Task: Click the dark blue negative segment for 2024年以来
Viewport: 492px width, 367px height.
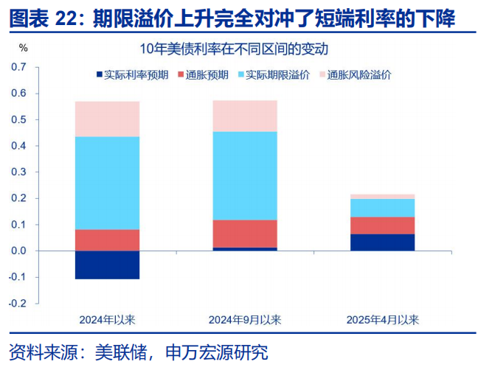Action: (107, 265)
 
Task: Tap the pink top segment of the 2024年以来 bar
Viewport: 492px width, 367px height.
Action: (107, 119)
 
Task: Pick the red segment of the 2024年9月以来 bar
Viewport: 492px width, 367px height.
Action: (244, 234)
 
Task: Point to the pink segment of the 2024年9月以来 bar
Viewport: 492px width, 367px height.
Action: (244, 116)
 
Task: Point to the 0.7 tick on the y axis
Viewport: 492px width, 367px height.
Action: (19, 68)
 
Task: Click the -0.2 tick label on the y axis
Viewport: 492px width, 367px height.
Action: (18, 304)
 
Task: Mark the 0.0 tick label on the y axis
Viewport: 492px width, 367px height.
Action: (19, 251)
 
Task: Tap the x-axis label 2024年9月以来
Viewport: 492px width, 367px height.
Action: (244, 320)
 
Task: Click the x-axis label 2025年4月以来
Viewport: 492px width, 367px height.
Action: (382, 320)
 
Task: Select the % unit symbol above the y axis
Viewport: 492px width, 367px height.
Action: (23, 49)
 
